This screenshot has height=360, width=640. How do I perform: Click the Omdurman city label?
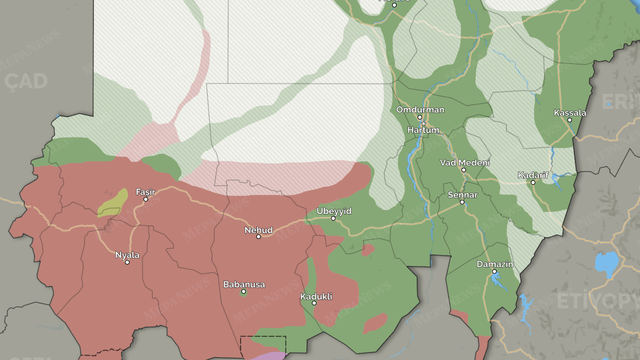pyautogui.click(x=420, y=110)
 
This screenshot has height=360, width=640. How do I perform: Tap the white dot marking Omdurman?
pyautogui.click(x=420, y=117)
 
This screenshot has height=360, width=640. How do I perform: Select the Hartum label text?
pyautogui.click(x=423, y=130)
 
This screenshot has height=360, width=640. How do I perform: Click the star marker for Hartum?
pyautogui.click(x=423, y=123)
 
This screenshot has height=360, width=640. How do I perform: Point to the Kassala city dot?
pyautogui.click(x=569, y=120)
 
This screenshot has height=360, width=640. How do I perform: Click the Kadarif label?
pyautogui.click(x=533, y=175)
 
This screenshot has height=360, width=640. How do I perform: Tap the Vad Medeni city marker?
pyautogui.click(x=463, y=170)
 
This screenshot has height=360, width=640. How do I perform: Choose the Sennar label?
pyautogui.click(x=462, y=195)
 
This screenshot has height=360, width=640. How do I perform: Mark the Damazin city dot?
pyautogui.click(x=494, y=271)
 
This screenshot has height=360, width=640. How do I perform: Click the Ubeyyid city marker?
pyautogui.click(x=333, y=218)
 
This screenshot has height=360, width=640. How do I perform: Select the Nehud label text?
pyautogui.click(x=258, y=230)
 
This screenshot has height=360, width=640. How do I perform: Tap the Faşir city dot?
pyautogui.click(x=146, y=199)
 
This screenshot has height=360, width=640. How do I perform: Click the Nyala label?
pyautogui.click(x=127, y=255)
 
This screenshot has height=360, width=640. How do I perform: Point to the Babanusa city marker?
pyautogui.click(x=243, y=291)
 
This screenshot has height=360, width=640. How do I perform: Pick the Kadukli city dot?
pyautogui.click(x=314, y=303)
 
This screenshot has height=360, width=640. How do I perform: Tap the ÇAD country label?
pyautogui.click(x=26, y=81)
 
